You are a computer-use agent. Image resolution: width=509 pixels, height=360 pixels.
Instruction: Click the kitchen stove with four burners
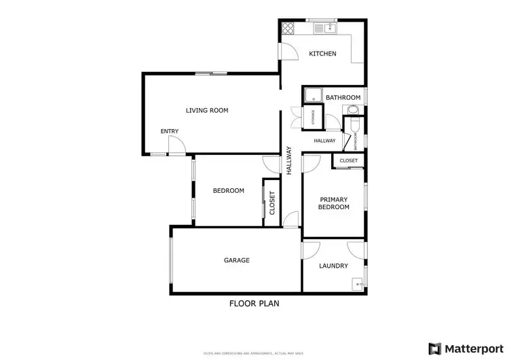coord(288,29)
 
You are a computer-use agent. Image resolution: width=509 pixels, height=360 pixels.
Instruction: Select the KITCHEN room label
coord(322,54)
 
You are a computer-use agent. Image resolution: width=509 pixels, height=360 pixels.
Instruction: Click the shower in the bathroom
coord(312,96)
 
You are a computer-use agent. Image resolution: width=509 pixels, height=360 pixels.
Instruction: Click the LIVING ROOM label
coord(207,110)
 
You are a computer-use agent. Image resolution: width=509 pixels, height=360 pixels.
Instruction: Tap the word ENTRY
coord(169,131)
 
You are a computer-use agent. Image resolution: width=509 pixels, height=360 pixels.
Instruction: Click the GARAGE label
coord(237,260)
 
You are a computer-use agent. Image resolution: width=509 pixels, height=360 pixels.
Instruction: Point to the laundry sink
coord(356,285)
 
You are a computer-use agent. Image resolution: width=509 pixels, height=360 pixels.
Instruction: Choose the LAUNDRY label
coord(333,266)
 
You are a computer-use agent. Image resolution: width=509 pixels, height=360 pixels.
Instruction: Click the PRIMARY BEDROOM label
coord(334,203)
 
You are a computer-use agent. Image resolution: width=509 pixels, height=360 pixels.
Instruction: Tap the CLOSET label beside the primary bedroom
coord(348,161)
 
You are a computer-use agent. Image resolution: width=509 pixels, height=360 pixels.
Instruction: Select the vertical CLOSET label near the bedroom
coord(272,203)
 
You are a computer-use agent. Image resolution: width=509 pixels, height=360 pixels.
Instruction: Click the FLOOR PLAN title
coord(254,304)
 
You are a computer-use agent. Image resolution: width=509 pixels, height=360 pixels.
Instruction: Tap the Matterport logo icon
coord(433,348)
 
